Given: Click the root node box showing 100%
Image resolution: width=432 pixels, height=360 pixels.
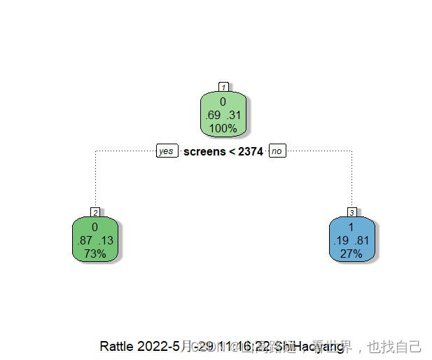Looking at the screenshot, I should [223, 113].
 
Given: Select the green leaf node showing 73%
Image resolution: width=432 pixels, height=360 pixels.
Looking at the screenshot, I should [95, 239].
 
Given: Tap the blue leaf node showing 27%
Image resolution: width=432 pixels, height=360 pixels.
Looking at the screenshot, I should [351, 239].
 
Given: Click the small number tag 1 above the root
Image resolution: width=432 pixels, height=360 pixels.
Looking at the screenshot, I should [223, 87].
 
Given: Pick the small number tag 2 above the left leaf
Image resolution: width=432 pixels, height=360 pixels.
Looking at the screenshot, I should [95, 212].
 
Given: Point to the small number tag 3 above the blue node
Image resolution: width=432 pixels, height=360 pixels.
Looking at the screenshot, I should [351, 212].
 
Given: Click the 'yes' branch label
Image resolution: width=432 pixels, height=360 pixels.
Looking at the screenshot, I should [166, 151].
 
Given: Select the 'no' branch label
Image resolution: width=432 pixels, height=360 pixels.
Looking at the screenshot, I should [277, 151].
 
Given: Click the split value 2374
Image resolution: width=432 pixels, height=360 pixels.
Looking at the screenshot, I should [250, 151].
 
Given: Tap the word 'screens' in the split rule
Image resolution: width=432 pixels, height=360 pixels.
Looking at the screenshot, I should [203, 151].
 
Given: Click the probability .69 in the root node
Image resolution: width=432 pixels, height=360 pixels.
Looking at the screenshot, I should [212, 115].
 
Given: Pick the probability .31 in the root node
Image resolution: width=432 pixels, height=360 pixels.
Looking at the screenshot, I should [234, 115].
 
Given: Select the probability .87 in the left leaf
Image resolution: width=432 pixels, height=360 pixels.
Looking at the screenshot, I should [84, 240].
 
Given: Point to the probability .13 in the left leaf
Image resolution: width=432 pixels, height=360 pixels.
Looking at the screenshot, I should [106, 240].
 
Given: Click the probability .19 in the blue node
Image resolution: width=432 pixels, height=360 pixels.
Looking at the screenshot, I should [341, 240].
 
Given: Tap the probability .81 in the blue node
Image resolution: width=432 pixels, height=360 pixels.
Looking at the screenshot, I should [363, 240].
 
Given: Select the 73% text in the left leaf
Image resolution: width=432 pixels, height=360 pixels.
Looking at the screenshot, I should [95, 253].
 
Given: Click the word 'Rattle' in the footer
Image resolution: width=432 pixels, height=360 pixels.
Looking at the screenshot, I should [117, 347].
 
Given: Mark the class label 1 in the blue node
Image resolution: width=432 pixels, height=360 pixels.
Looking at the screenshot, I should [351, 228].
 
